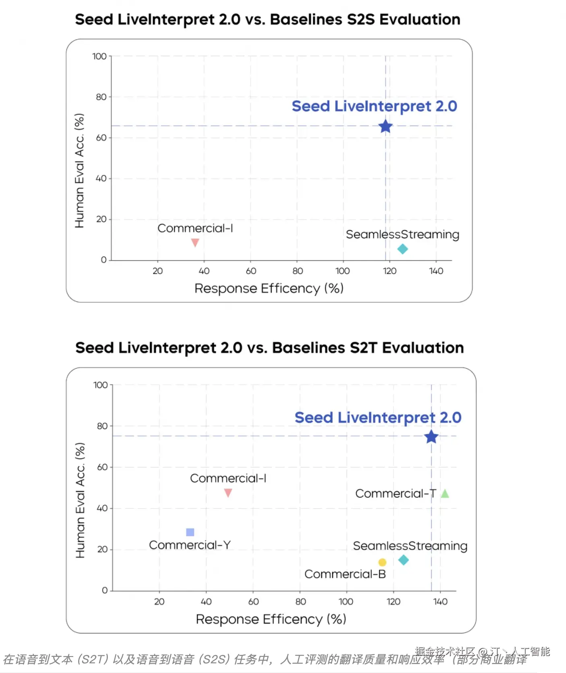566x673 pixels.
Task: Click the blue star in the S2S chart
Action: [x=385, y=127]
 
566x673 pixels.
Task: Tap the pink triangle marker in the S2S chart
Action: [x=195, y=242]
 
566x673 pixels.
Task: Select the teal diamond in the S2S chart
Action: [x=402, y=249]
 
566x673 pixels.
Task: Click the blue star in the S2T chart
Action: [x=431, y=437]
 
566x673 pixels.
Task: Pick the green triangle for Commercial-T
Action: [x=444, y=494]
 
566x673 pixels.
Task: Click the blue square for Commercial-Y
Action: [x=190, y=532]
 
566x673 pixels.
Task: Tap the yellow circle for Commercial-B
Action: [x=382, y=562]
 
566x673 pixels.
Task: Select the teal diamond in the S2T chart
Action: [x=403, y=560]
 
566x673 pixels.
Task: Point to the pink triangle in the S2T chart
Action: [x=228, y=492]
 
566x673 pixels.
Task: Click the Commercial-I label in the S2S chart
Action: [x=195, y=228]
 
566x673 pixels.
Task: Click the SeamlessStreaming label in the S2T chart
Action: [x=410, y=546]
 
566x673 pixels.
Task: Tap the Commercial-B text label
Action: [x=345, y=574]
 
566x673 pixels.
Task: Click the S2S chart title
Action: [x=267, y=19]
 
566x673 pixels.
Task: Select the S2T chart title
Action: [x=269, y=347]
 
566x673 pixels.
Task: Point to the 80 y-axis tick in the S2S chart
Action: [x=101, y=97]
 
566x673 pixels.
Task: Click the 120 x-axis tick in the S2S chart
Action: [x=389, y=271]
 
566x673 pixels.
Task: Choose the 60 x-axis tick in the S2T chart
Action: [x=253, y=602]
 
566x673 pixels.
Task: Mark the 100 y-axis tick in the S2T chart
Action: [x=100, y=385]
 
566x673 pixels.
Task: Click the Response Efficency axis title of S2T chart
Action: [x=271, y=619]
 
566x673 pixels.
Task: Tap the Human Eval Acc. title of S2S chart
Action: [x=80, y=170]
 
